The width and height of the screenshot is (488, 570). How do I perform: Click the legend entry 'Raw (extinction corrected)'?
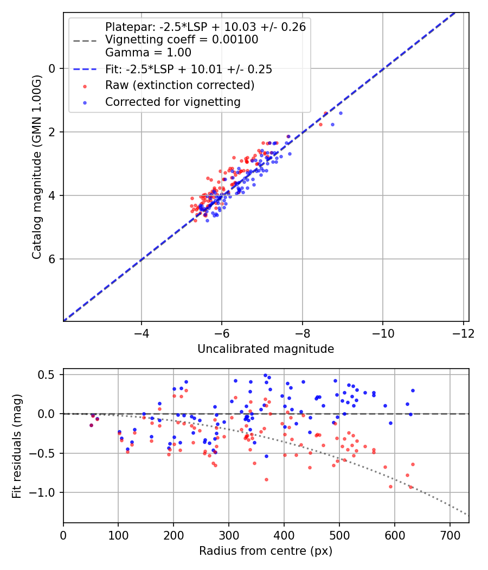pos(179,85)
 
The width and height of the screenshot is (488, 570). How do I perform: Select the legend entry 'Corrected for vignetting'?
pos(173,102)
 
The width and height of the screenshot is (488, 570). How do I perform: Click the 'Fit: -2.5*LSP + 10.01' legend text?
pos(189,69)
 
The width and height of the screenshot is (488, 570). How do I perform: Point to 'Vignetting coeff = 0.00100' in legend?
pos(182,40)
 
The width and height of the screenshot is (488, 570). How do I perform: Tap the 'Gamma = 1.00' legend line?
pos(148,53)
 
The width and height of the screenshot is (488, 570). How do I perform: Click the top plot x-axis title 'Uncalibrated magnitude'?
pos(266,349)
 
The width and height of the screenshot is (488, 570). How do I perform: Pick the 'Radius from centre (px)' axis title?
pos(266,551)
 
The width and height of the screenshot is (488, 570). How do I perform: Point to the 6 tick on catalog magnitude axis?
pos(53,259)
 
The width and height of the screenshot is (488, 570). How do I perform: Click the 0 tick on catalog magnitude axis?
pos(53,68)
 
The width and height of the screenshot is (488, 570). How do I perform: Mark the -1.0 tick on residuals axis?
pos(46,493)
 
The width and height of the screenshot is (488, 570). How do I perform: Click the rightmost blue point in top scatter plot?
pos(341,113)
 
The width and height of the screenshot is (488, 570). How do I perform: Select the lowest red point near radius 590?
pos(390,486)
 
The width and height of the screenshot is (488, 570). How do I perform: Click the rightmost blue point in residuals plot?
pos(413,390)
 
